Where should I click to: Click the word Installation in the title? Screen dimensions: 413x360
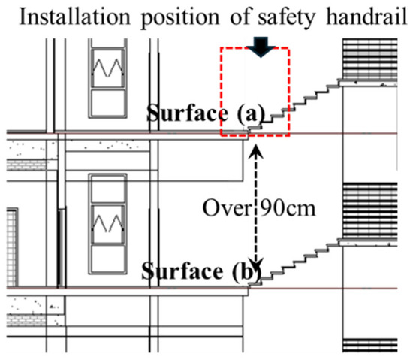75,17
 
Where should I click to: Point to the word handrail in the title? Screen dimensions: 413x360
366,17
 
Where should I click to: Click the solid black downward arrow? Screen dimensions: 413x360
261,47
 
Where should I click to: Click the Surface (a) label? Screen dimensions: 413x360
205,113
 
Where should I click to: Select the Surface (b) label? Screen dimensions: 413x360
201,271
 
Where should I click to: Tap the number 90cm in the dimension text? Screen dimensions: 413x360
288,208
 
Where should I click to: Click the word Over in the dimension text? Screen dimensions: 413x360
227,208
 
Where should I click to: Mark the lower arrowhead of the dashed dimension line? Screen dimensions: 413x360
256,265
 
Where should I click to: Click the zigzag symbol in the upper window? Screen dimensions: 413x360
107,68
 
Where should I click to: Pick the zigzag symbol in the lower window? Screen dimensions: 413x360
107,223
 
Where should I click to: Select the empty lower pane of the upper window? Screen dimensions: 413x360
107,103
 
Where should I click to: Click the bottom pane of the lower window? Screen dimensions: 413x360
107,259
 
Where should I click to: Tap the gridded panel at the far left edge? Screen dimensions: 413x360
12,247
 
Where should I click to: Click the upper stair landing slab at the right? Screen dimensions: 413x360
368,83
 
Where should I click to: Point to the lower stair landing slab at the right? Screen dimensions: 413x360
368,243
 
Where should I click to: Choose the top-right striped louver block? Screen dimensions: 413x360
369,59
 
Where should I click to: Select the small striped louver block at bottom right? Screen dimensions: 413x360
369,345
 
